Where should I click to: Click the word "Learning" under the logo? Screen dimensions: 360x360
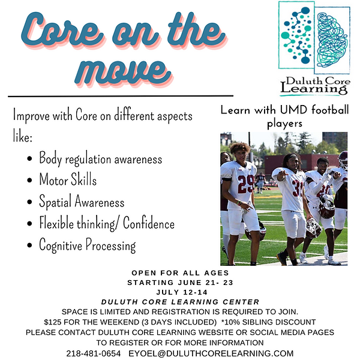313,89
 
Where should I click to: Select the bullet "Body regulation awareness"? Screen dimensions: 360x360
100,159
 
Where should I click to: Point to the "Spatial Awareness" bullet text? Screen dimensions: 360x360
82,202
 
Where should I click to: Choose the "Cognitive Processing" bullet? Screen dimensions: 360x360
87,245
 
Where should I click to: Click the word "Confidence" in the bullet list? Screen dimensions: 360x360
146,224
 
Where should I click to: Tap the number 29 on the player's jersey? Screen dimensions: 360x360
245,184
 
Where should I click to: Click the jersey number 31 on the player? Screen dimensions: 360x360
298,189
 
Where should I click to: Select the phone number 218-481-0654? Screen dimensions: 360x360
93,353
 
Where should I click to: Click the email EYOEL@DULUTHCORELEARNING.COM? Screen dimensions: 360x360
211,353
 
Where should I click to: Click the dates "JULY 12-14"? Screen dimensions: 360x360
179,292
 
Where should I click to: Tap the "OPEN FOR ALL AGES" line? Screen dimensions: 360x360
179,272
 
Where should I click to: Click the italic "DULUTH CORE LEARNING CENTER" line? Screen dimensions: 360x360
179,302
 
